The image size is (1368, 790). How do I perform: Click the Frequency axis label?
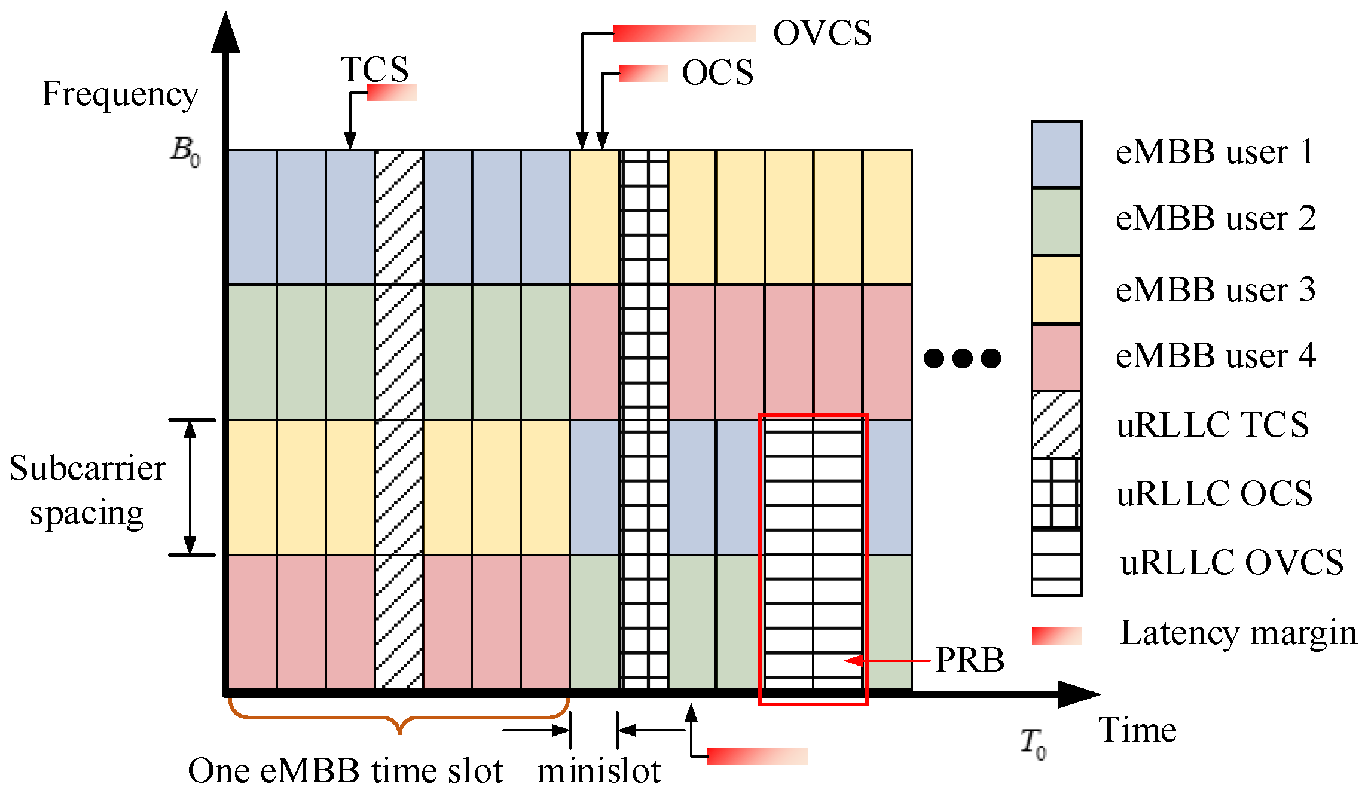[x=120, y=94]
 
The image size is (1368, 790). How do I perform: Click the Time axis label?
[x=1137, y=730]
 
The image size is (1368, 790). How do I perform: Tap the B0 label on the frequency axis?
[x=185, y=151]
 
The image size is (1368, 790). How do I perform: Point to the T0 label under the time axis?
[x=1033, y=743]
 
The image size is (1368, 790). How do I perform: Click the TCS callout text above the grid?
[x=374, y=69]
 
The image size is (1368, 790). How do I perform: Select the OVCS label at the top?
[x=822, y=33]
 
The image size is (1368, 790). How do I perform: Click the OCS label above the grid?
[x=717, y=73]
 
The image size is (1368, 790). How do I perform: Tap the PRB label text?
[x=970, y=660]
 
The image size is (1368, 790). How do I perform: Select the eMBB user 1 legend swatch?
[x=1056, y=154]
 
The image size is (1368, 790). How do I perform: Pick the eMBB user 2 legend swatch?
[x=1056, y=221]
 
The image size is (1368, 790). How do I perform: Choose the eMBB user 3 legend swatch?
[x=1056, y=289]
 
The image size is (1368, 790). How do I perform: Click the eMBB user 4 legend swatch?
[x=1056, y=358]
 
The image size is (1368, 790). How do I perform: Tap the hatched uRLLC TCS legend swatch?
[x=1056, y=425]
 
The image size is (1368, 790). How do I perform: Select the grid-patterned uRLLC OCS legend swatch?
[x=1056, y=493]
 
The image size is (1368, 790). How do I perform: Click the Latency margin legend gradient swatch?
[x=1056, y=636]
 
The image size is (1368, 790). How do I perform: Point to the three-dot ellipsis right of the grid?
[x=962, y=358]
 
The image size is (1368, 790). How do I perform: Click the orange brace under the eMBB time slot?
[x=399, y=718]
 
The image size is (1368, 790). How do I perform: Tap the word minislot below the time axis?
[x=599, y=770]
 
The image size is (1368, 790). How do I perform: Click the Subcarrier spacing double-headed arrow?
[x=190, y=487]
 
